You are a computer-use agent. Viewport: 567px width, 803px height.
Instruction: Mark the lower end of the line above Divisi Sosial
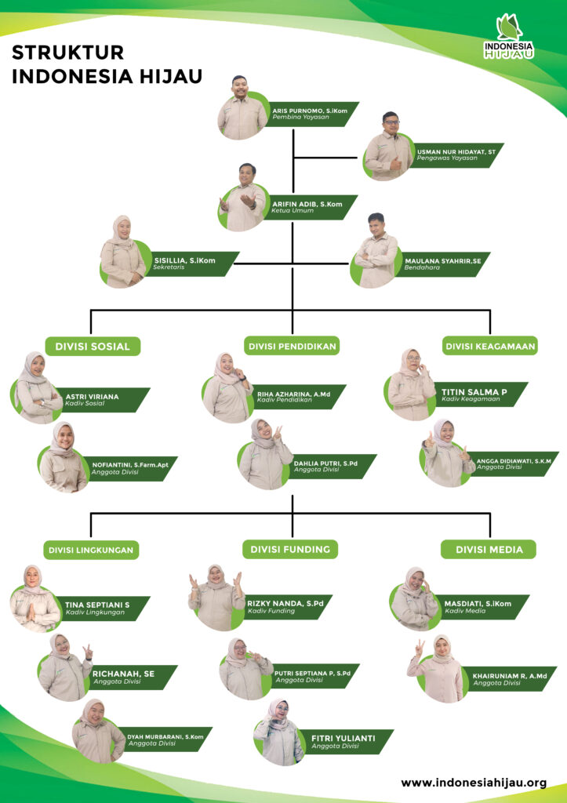tap(91, 334)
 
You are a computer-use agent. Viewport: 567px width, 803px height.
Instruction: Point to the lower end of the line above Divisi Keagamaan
tap(490, 334)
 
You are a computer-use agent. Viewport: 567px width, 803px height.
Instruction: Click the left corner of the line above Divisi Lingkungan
tap(91, 513)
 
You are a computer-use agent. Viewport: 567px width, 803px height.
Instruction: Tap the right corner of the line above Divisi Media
tap(490, 513)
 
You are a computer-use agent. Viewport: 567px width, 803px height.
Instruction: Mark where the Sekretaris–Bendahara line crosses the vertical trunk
tap(293, 263)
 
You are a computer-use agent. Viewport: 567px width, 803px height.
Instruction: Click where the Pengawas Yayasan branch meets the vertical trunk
tap(293, 157)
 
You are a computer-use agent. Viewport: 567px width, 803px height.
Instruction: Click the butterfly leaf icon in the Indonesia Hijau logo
tap(510, 27)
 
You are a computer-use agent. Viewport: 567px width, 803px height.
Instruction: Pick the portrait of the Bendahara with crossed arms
tap(376, 251)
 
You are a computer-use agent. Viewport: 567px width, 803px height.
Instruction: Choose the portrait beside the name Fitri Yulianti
tap(279, 732)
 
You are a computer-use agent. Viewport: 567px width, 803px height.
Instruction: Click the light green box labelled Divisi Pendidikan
tap(292, 346)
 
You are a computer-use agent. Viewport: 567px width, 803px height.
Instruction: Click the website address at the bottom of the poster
tap(474, 783)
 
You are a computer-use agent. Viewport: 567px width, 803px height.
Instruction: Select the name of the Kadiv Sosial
tap(92, 396)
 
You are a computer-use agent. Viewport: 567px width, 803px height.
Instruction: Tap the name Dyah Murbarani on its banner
tap(165, 737)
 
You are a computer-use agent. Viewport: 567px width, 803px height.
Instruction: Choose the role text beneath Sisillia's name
tap(169, 267)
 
